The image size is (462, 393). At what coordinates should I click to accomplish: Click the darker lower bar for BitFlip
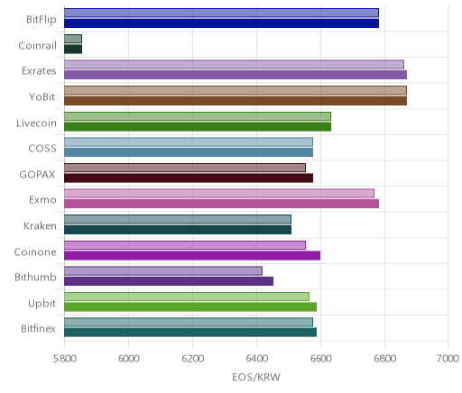click(x=221, y=23)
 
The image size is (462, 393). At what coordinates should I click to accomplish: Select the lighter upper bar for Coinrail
click(x=73, y=39)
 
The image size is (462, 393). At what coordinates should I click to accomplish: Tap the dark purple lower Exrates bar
click(x=236, y=75)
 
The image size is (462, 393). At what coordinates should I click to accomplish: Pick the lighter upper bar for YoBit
click(x=236, y=90)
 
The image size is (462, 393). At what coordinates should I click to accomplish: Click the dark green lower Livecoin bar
click(x=198, y=127)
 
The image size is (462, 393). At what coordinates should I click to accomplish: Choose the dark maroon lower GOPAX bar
click(x=189, y=178)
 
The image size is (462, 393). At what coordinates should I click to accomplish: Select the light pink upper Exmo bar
click(x=219, y=194)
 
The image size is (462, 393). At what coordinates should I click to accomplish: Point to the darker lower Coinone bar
click(x=192, y=256)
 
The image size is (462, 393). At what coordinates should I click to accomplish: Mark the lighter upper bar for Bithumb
click(x=163, y=271)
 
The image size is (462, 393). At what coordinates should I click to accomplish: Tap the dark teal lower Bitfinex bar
click(x=190, y=333)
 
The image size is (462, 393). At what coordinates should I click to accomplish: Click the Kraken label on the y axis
click(x=40, y=225)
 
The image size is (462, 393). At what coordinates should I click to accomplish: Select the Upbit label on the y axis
click(x=42, y=303)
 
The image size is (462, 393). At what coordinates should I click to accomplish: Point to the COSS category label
click(x=42, y=149)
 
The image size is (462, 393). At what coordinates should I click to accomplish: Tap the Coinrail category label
click(x=37, y=45)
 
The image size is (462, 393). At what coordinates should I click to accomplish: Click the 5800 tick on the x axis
click(x=64, y=359)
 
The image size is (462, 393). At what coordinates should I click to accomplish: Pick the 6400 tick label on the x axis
click(x=256, y=359)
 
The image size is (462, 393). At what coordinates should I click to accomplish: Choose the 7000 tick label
click(x=448, y=359)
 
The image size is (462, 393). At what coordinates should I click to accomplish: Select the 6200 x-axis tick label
click(x=192, y=359)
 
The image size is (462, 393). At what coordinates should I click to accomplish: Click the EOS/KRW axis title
click(x=256, y=377)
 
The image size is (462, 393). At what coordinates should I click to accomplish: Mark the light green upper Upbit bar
click(x=187, y=297)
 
